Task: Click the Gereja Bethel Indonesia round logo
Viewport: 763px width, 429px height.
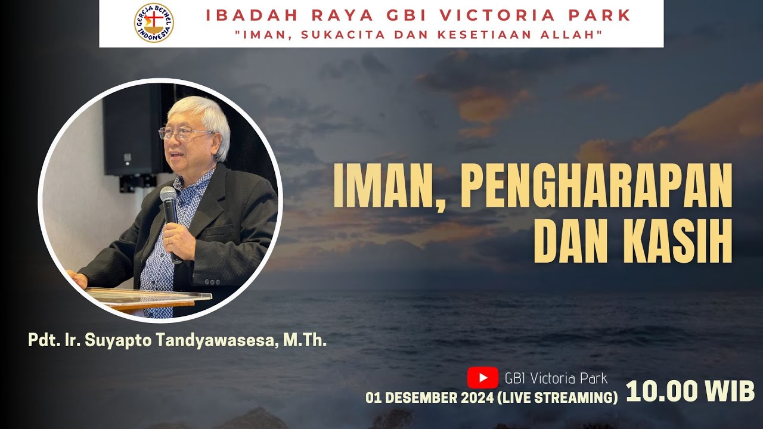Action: point(154,23)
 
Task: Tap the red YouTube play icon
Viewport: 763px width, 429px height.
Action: point(482,378)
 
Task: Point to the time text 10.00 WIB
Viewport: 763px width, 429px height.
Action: point(690,392)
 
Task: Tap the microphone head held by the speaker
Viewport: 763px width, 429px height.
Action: point(168,196)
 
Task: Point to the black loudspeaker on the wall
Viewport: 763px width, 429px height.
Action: point(131,131)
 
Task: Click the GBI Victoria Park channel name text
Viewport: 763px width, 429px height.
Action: point(556,378)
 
